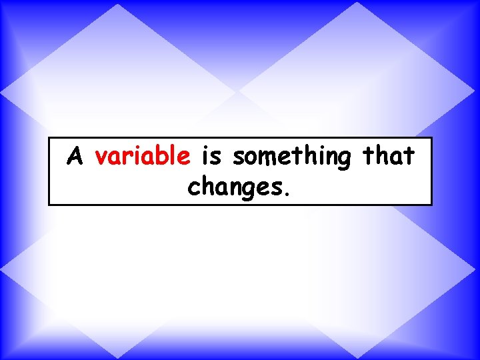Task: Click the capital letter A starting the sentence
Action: click(x=76, y=157)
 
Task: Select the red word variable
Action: click(x=143, y=157)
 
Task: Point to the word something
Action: click(x=291, y=158)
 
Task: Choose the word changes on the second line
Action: click(x=235, y=188)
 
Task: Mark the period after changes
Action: click(x=287, y=195)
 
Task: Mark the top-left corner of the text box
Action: click(x=49, y=138)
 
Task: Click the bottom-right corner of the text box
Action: click(x=431, y=204)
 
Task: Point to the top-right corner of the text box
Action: click(x=431, y=138)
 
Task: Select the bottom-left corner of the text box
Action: click(x=49, y=204)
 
